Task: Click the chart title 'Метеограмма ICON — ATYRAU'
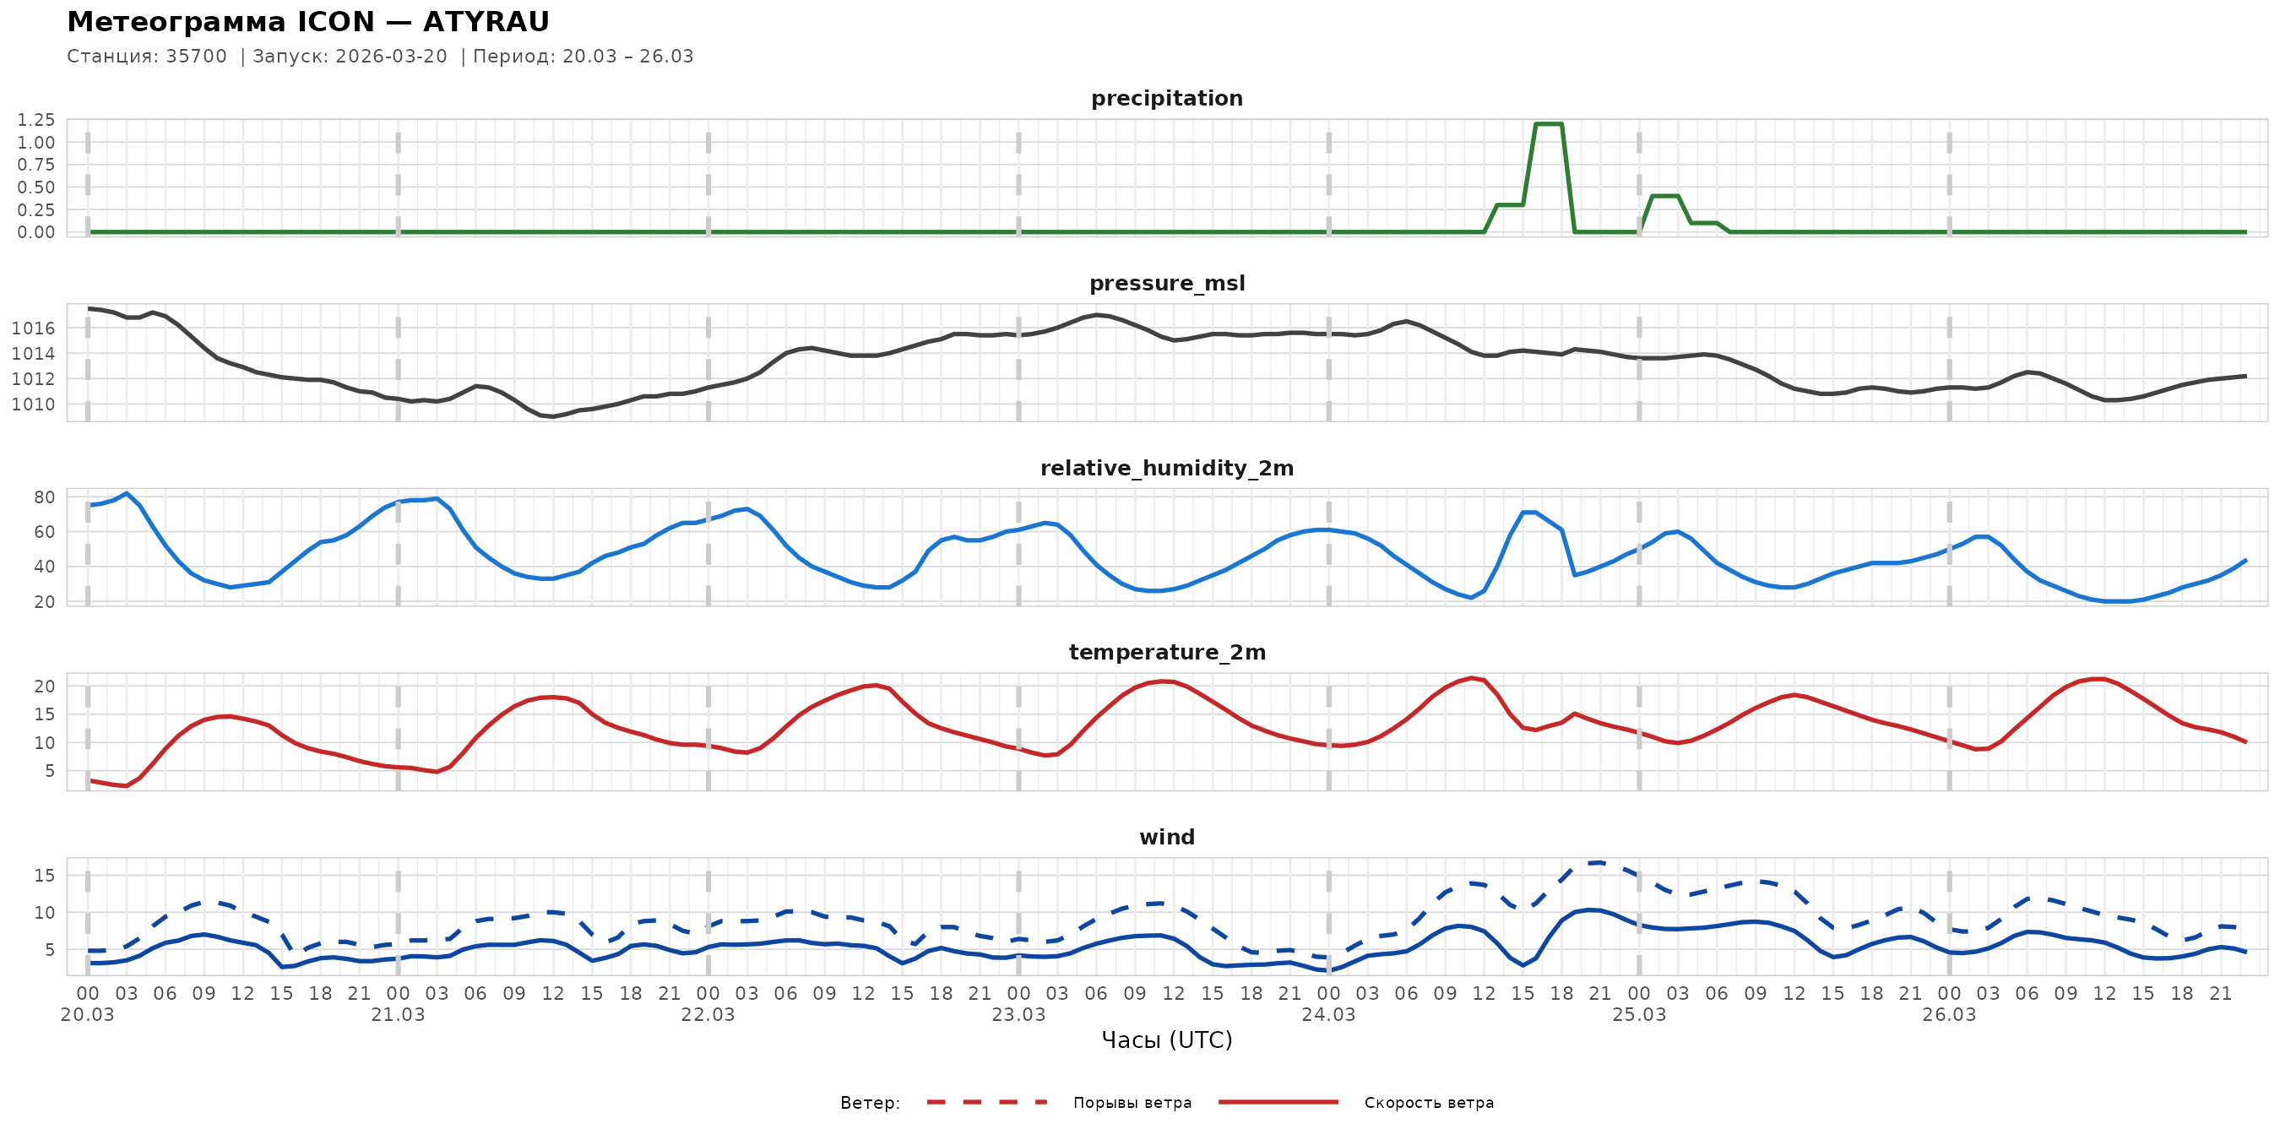tap(308, 21)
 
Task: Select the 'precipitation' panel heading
tap(1166, 98)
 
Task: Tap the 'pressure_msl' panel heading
tap(1166, 283)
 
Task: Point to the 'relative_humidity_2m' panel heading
tap(1166, 468)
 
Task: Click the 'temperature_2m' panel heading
tap(1166, 652)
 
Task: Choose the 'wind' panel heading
tap(1166, 838)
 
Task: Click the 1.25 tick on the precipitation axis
tap(36, 119)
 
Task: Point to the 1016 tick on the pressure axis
tap(33, 328)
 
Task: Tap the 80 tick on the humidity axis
tap(44, 497)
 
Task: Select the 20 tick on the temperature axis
tap(44, 686)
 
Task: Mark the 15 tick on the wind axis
tap(44, 876)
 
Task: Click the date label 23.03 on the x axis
tap(1018, 1015)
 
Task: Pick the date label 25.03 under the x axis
tap(1638, 1015)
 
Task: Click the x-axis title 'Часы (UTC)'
tap(1166, 1040)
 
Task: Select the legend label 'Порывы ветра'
tap(1132, 1103)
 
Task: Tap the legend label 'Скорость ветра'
tap(1429, 1103)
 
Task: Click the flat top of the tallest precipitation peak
tap(1548, 124)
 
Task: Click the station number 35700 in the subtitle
tap(197, 57)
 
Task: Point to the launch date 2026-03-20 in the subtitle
tap(391, 57)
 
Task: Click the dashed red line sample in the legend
tap(987, 1102)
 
